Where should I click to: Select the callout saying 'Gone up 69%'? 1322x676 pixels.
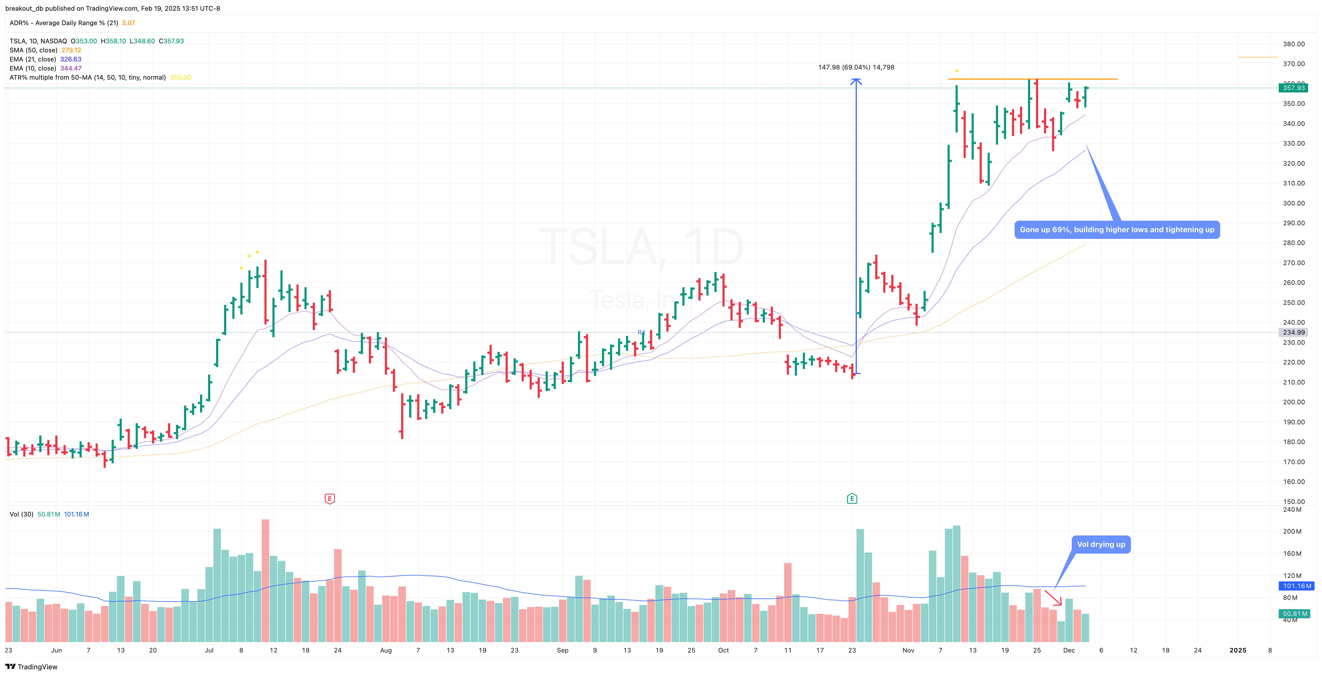(1117, 230)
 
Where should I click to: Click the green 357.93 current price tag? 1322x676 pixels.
(1293, 88)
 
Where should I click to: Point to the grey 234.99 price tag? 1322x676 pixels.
(1293, 332)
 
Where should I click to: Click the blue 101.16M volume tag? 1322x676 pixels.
(1296, 586)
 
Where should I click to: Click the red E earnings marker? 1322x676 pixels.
(330, 498)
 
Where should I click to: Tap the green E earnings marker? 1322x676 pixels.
(852, 498)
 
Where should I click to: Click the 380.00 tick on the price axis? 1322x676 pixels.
(1293, 44)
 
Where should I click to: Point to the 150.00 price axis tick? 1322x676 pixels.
(1293, 502)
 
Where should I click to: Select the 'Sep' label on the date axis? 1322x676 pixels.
(562, 650)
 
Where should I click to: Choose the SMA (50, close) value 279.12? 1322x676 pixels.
(71, 50)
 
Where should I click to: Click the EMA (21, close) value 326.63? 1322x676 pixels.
(71, 59)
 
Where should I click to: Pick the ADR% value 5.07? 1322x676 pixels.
(128, 23)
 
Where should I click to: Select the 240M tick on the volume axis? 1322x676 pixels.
(1292, 510)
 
